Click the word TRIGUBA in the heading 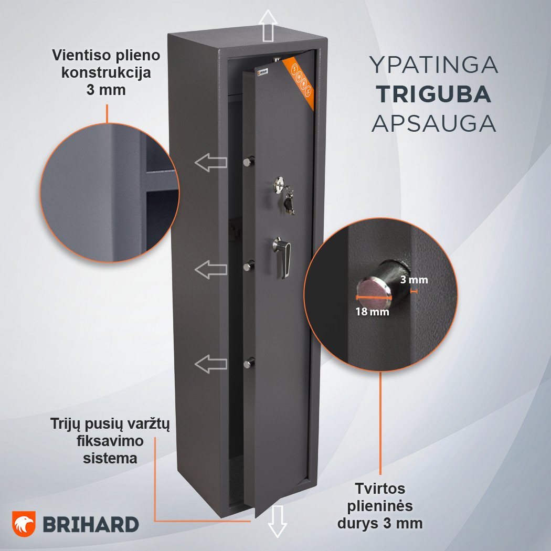point(433,94)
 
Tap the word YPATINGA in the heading point(433,65)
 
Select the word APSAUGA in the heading point(433,123)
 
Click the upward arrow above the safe point(268,26)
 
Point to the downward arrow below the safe point(277,522)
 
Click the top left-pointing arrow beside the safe point(211,162)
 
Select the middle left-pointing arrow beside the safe point(211,270)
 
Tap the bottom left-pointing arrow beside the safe point(211,364)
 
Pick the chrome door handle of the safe point(283,257)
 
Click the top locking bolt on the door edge point(248,161)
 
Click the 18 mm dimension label point(372,311)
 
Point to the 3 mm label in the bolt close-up point(415,280)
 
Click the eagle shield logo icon point(24,524)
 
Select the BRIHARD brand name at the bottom point(91,525)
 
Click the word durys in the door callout point(358,523)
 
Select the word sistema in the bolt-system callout point(110,458)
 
